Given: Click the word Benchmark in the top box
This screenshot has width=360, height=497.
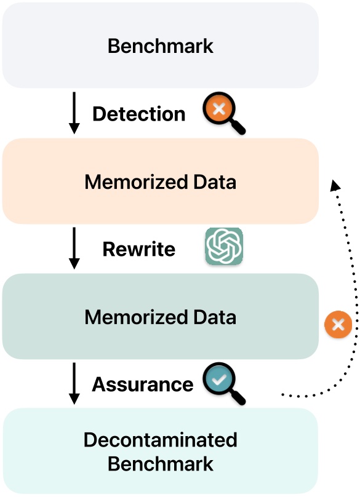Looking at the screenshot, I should (160, 46).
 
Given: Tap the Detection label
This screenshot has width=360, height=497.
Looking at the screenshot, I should (138, 114).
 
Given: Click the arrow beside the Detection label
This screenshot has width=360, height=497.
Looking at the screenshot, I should (74, 113).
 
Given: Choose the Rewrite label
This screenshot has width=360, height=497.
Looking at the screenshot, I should (138, 249).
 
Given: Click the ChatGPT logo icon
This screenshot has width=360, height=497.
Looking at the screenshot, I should (224, 247).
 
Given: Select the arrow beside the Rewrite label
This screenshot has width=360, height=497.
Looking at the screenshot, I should (74, 248).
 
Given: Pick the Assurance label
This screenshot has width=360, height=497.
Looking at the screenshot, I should (142, 384).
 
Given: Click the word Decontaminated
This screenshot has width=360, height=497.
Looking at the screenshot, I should (160, 440).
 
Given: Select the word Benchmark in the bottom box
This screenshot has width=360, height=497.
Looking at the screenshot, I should (160, 463).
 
